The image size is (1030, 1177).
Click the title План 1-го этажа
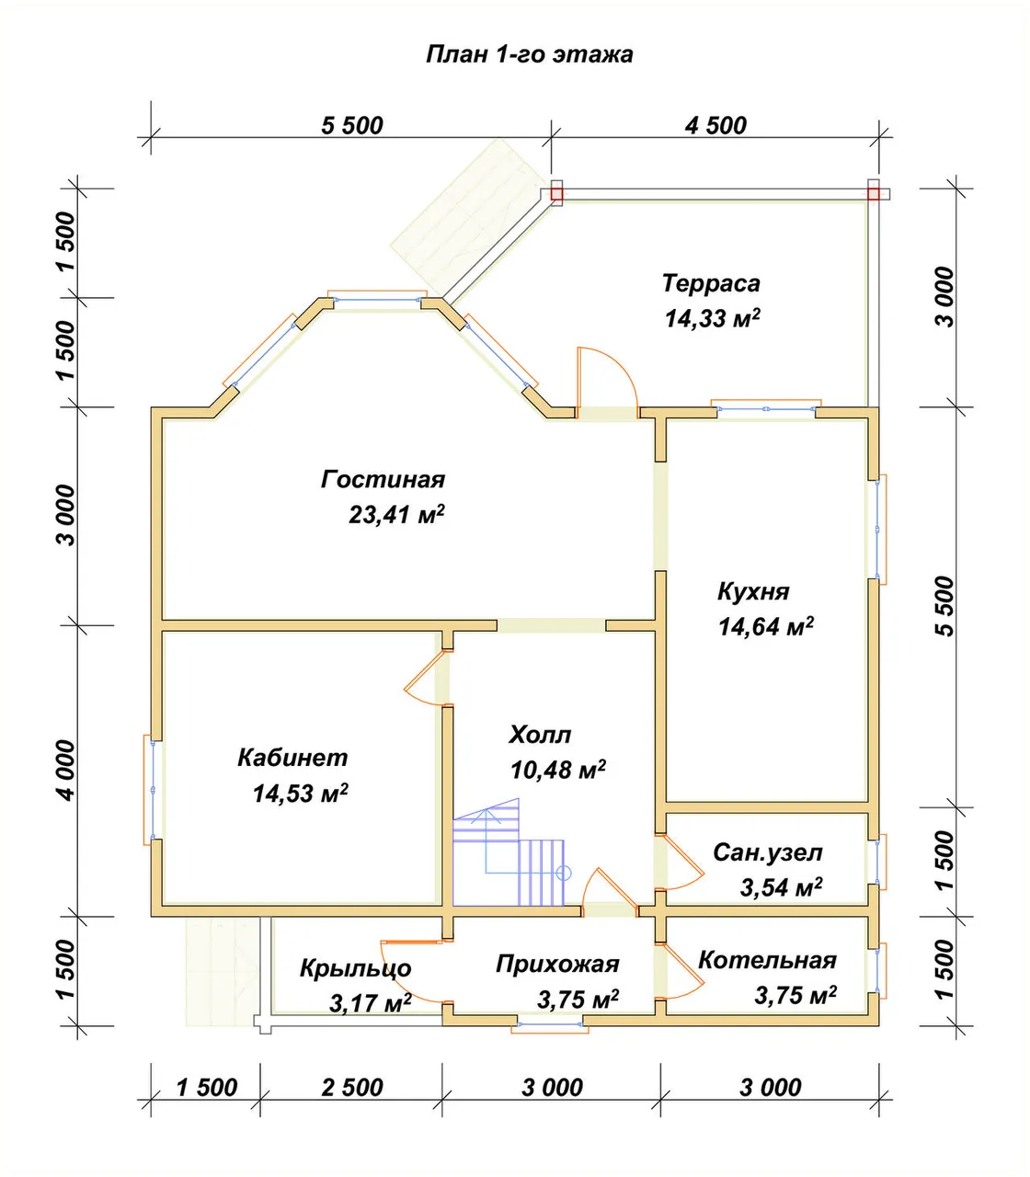point(530,54)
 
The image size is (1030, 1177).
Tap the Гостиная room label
point(383,480)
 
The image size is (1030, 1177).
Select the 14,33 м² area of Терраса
point(713,318)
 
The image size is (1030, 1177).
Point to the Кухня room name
point(753,592)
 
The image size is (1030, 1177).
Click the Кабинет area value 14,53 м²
point(301,794)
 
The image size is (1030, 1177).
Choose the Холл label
point(540,735)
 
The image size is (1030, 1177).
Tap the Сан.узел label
point(768,852)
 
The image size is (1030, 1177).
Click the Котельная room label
point(768,960)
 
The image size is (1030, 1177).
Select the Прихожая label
point(557,965)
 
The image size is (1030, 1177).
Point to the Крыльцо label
point(356,969)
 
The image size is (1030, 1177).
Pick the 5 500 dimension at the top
point(352,126)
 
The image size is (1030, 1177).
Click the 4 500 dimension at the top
point(715,126)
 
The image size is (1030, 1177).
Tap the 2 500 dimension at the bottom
point(352,1088)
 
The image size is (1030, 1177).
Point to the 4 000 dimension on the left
point(66,771)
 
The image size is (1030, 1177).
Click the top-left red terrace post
point(556,194)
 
